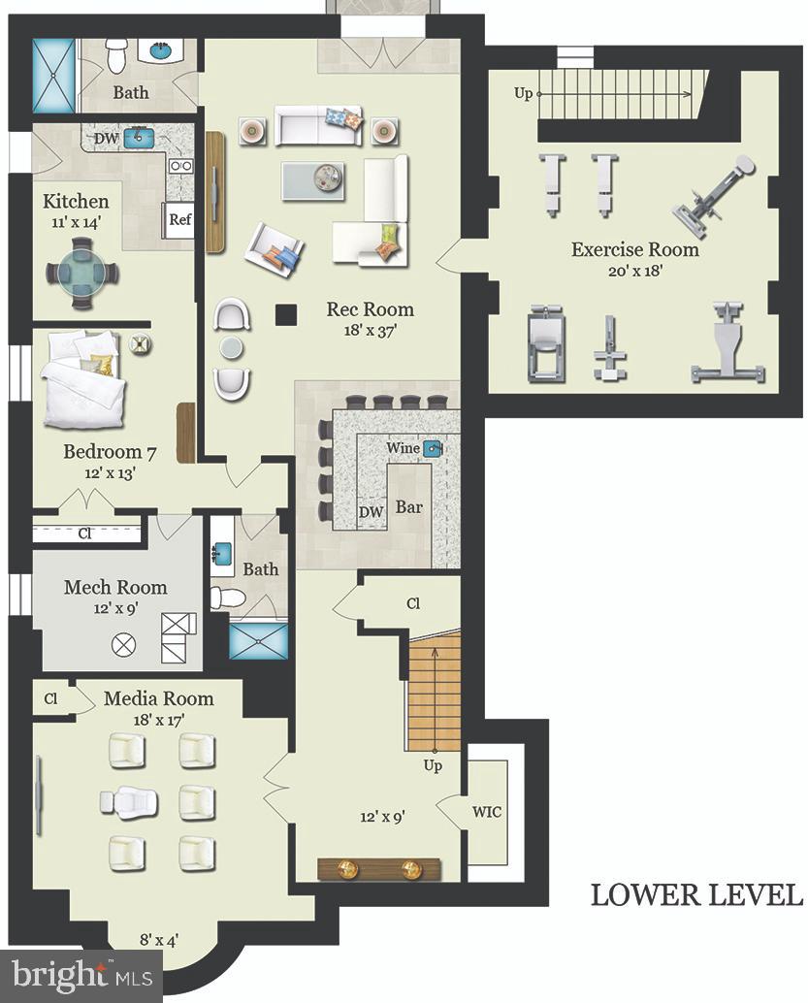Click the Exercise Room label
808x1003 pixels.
click(x=634, y=249)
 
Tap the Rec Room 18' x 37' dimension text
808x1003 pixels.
click(x=370, y=331)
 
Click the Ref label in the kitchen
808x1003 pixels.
click(x=180, y=219)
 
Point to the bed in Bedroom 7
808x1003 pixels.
click(x=82, y=383)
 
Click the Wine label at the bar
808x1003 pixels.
click(x=403, y=449)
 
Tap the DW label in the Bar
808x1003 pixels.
click(x=371, y=512)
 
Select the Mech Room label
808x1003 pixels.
click(x=115, y=587)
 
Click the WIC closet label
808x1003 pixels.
click(x=487, y=812)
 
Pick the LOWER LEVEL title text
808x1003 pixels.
click(x=696, y=894)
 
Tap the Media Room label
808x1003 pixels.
click(x=158, y=698)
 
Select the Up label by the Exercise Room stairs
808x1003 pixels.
click(x=523, y=93)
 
